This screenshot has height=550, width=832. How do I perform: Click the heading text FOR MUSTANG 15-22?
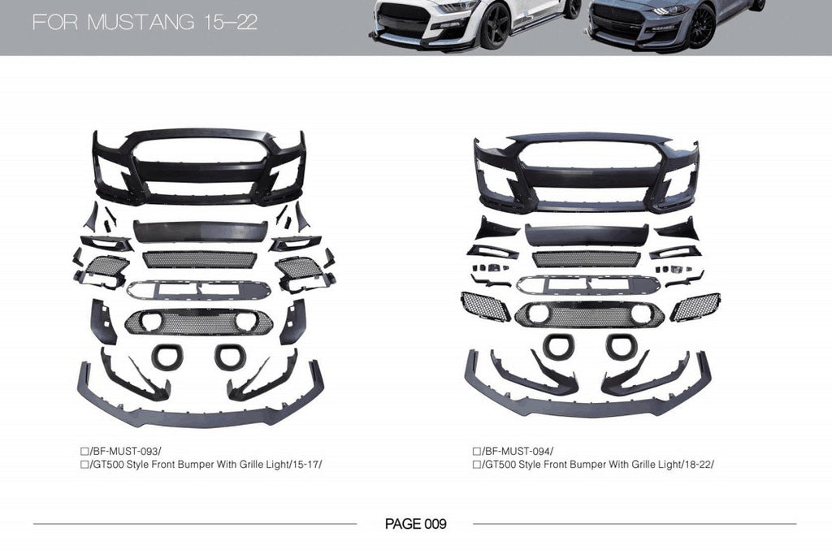145,22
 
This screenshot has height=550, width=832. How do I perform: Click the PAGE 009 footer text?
415,524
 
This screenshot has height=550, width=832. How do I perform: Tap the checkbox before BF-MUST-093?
84,450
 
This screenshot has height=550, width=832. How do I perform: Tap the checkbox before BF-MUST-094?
476,450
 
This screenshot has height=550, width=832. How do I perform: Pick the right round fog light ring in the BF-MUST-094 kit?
622,345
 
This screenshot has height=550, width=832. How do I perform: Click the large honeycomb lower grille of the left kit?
199,322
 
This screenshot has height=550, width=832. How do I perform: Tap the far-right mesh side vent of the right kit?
695,306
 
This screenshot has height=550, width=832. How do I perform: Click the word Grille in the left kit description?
244,464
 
